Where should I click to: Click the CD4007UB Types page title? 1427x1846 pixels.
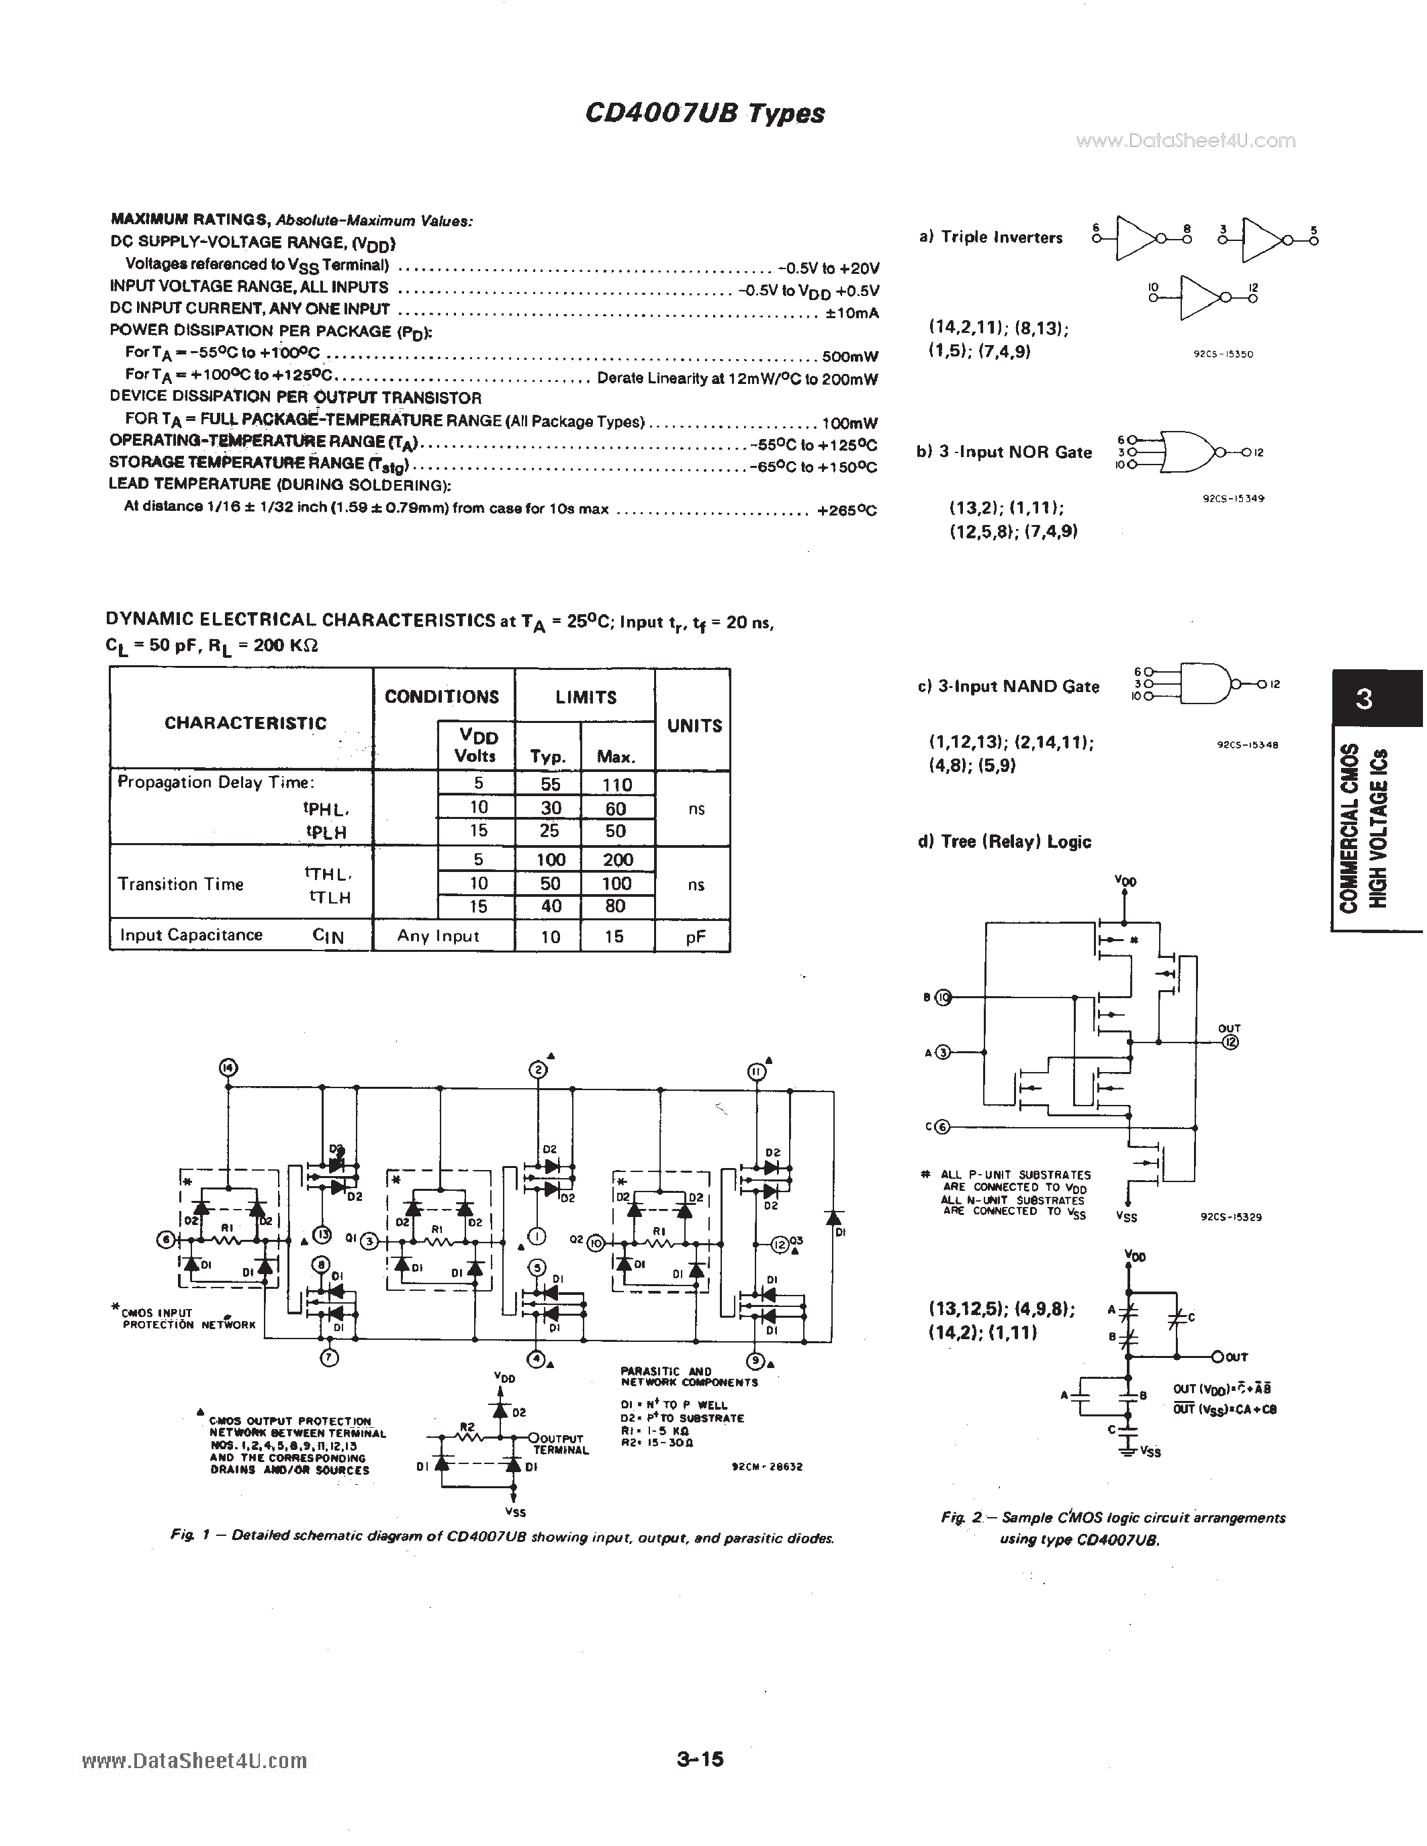click(x=704, y=113)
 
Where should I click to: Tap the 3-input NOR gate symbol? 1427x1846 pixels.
click(x=1188, y=452)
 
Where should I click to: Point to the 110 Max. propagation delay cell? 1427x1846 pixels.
click(x=617, y=784)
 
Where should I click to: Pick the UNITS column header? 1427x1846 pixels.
click(x=694, y=725)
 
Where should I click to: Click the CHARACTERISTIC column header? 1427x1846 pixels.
click(x=244, y=723)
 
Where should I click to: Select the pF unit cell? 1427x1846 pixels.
click(x=695, y=936)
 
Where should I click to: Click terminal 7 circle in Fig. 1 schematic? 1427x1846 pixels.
click(x=330, y=1357)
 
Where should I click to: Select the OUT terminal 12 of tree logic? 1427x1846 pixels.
click(x=1230, y=1042)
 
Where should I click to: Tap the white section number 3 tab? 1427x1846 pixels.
click(x=1364, y=699)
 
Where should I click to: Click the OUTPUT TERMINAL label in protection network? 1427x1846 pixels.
click(x=561, y=1444)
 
